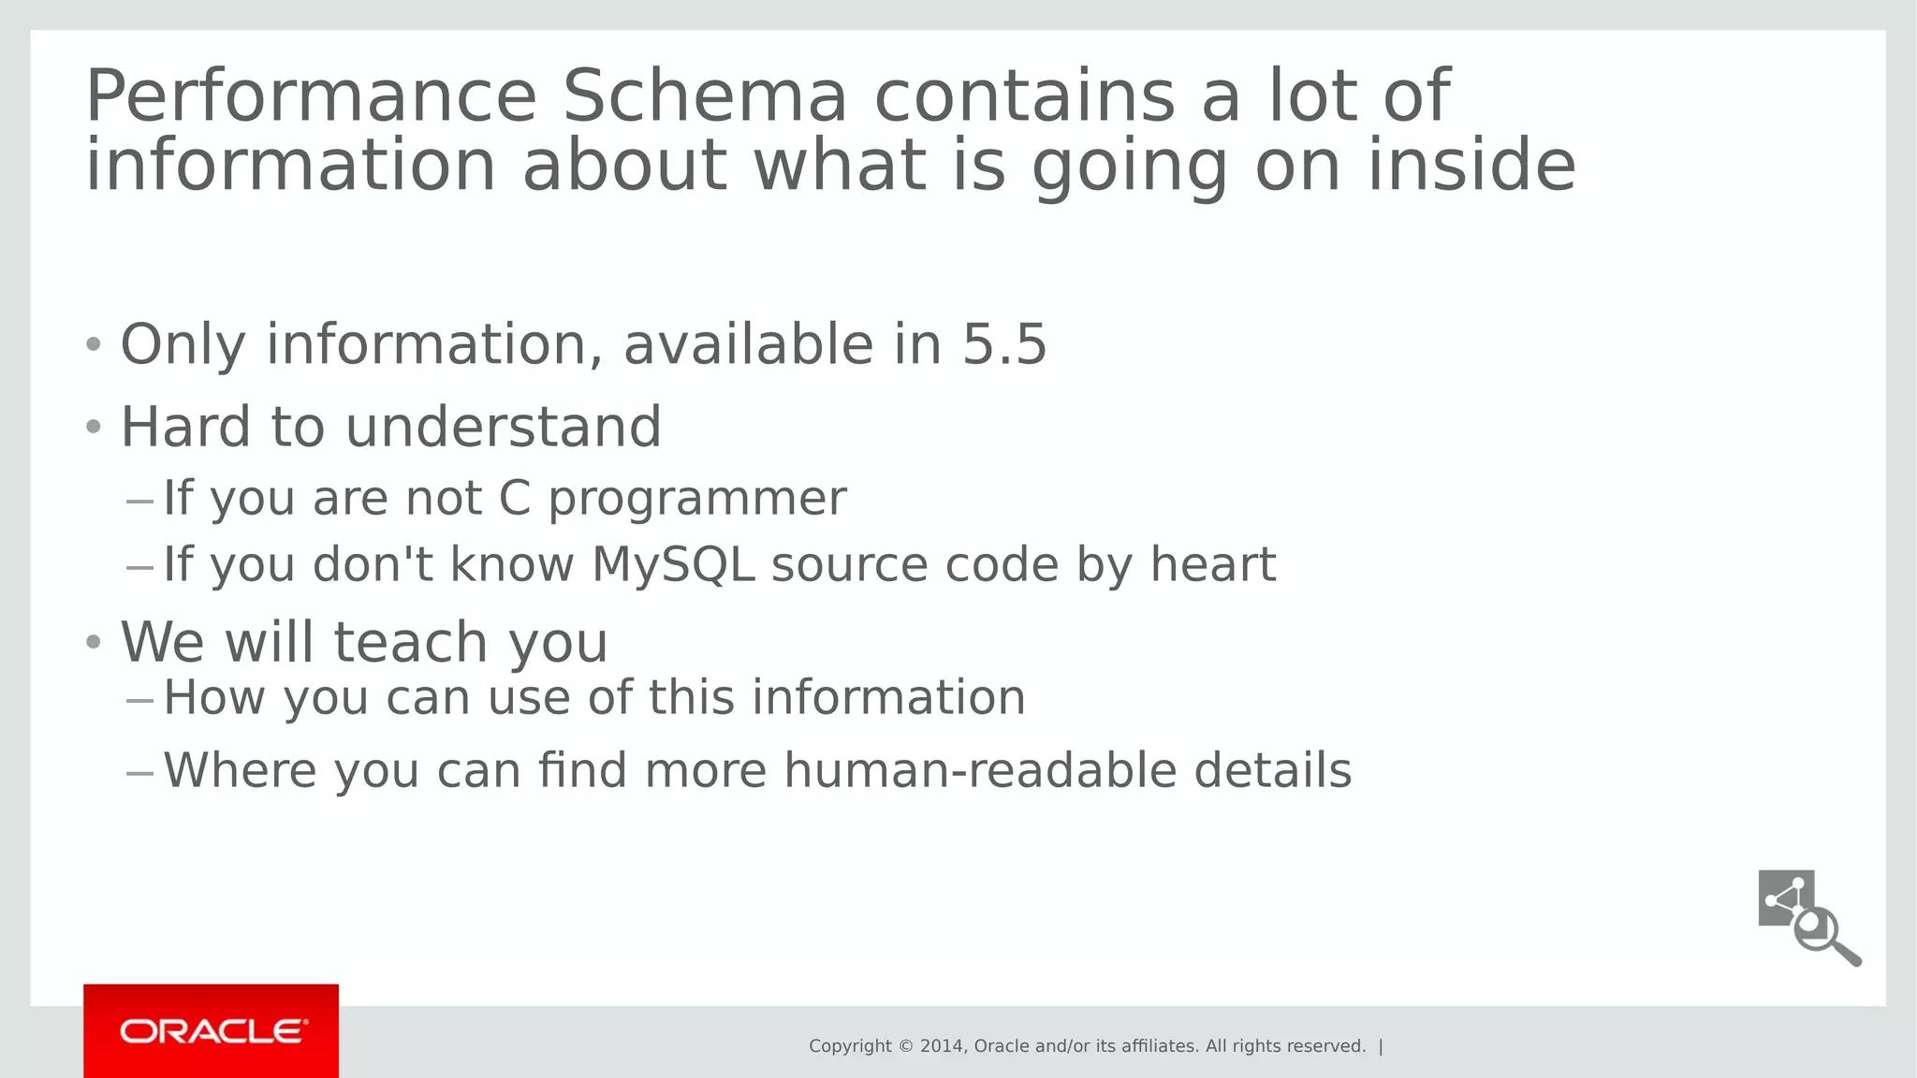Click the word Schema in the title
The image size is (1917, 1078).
click(704, 96)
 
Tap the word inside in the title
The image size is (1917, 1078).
click(1471, 166)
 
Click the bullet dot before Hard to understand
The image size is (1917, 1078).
click(93, 428)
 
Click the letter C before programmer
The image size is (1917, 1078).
click(515, 498)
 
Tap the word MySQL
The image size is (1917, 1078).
click(673, 565)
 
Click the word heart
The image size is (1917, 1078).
click(1212, 564)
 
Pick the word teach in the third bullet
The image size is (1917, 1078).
click(410, 643)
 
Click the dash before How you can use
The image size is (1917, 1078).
click(139, 700)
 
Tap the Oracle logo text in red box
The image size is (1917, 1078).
click(212, 1031)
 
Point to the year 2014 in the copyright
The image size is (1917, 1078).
click(943, 1046)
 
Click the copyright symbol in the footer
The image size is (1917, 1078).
click(905, 1046)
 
